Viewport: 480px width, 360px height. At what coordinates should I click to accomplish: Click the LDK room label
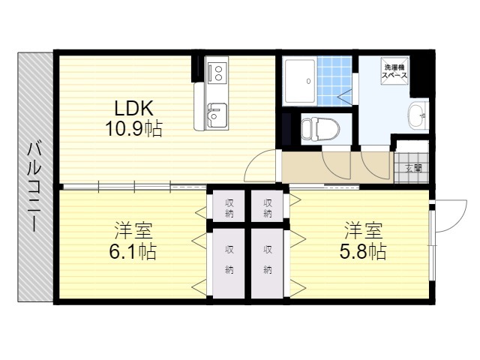coord(133,108)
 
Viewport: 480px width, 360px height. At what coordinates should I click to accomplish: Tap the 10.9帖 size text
coord(133,128)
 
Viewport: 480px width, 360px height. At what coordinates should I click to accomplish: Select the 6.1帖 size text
coord(133,252)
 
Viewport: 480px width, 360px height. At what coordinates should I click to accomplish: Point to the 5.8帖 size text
coord(363,252)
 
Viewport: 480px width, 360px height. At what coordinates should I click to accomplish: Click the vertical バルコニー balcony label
coord(34,187)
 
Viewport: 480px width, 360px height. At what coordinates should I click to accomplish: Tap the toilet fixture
coord(320,129)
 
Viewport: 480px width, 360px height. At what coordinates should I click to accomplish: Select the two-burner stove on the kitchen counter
coord(217,73)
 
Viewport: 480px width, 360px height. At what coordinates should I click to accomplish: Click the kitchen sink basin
coord(217,115)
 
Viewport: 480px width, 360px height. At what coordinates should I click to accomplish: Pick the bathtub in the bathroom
coord(300,81)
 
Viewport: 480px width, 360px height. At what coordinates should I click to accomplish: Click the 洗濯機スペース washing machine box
coord(394,71)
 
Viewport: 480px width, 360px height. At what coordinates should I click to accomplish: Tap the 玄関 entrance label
coord(413,168)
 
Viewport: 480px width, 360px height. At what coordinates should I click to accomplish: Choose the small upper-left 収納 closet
coord(229,205)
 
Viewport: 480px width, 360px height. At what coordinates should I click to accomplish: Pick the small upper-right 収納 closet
coord(267,205)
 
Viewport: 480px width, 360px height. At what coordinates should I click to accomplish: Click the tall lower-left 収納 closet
coord(229,263)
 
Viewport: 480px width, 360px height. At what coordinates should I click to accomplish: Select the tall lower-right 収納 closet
coord(267,263)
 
